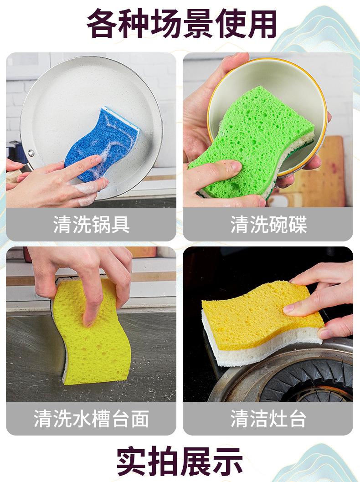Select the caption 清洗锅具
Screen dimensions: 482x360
coord(91,225)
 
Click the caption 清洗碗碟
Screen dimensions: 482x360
coord(268,225)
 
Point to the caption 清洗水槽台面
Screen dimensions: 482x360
coord(91,418)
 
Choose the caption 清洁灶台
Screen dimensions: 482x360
coord(268,418)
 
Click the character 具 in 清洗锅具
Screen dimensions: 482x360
coord(120,225)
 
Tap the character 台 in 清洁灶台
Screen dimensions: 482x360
coord(297,418)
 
